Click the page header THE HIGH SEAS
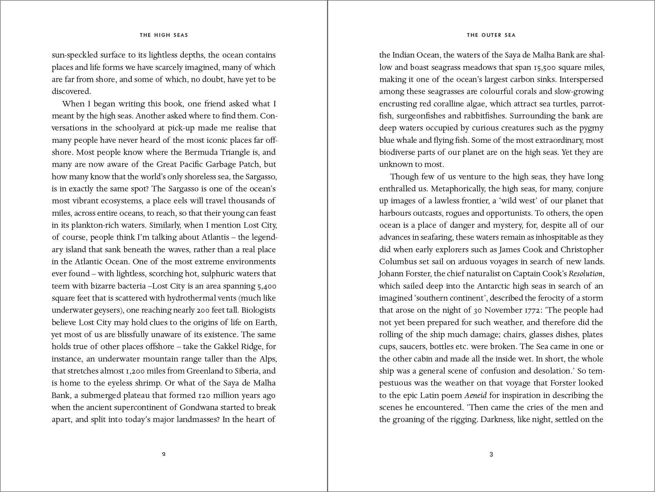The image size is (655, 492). (x=164, y=35)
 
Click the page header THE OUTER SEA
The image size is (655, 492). (x=491, y=35)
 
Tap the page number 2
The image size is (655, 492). (x=164, y=454)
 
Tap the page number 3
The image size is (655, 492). (x=491, y=454)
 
